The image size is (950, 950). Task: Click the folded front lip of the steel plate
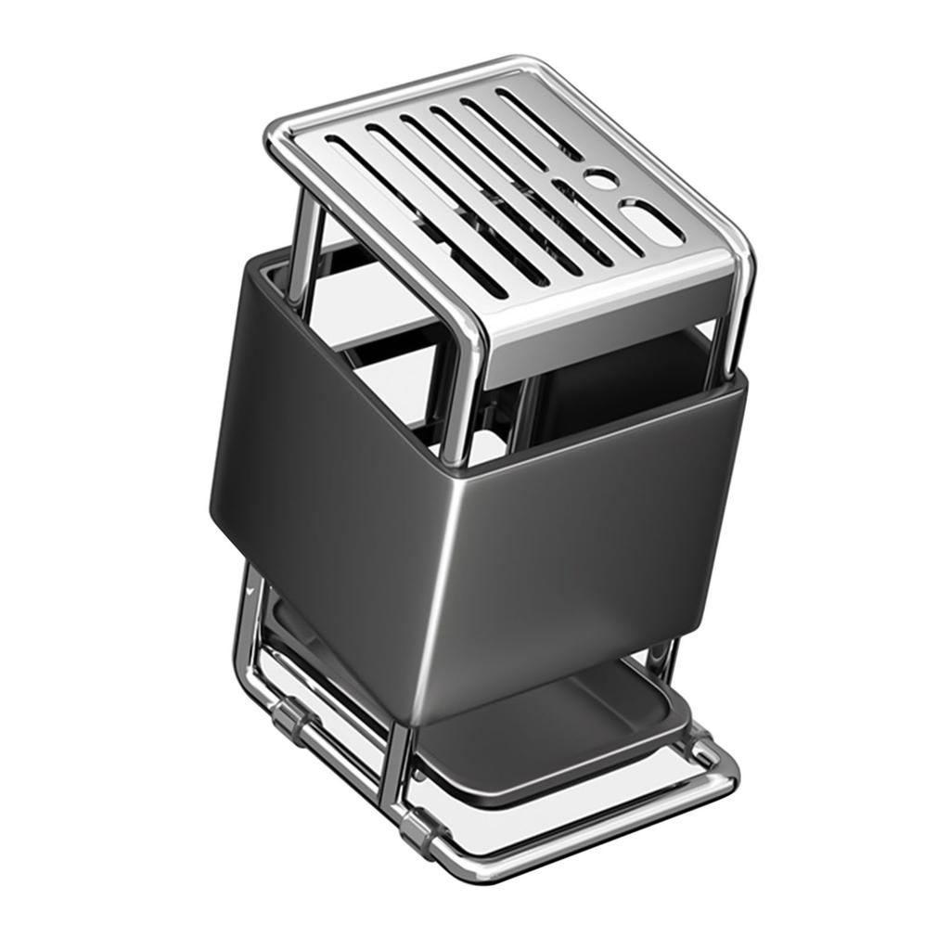pos(603,315)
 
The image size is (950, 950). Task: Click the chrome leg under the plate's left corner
pos(301,246)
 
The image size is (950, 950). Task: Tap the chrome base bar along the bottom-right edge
pos(594,826)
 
